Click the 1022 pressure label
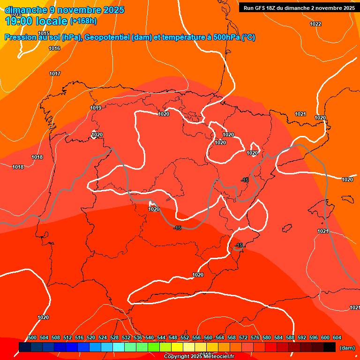tap(315, 24)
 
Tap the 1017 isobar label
tap(55, 74)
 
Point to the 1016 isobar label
tap(54, 48)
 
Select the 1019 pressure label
tap(96, 108)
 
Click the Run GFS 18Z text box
tap(297, 8)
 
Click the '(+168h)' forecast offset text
tap(83, 21)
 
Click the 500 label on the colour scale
tap(32, 337)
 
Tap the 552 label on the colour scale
tap(185, 337)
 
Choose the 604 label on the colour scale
tap(337, 337)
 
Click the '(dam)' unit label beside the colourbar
tap(347, 348)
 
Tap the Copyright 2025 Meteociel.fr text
tap(199, 357)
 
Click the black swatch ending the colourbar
tap(330, 347)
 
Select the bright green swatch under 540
tap(153, 347)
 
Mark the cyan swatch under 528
tap(118, 347)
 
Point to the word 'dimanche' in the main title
tap(26, 10)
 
